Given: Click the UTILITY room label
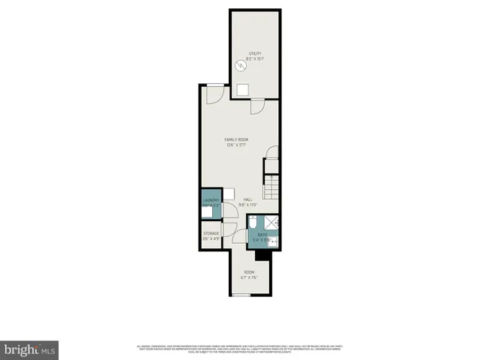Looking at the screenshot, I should coord(255,53).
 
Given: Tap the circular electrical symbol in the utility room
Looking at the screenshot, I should coord(240,65).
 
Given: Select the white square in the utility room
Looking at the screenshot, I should coord(243,89).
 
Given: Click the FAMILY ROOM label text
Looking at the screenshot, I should coord(237,140).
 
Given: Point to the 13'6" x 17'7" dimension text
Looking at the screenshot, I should coord(237,145).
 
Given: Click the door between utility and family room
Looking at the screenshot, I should coord(256,106).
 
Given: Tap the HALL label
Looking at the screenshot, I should coord(248,199).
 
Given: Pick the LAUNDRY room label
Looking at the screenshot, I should coord(211,200).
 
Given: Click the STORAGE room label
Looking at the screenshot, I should coord(211,234).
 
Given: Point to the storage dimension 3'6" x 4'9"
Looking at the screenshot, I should coord(211,239).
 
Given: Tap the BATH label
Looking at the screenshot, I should coord(262,235).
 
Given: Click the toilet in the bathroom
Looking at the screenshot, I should coord(254,222).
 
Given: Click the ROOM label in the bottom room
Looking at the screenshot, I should coord(249,271).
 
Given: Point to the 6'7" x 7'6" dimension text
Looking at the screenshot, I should coord(249,277).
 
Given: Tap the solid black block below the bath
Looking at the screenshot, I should coord(262,256).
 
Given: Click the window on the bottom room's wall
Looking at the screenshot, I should coord(240,295).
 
